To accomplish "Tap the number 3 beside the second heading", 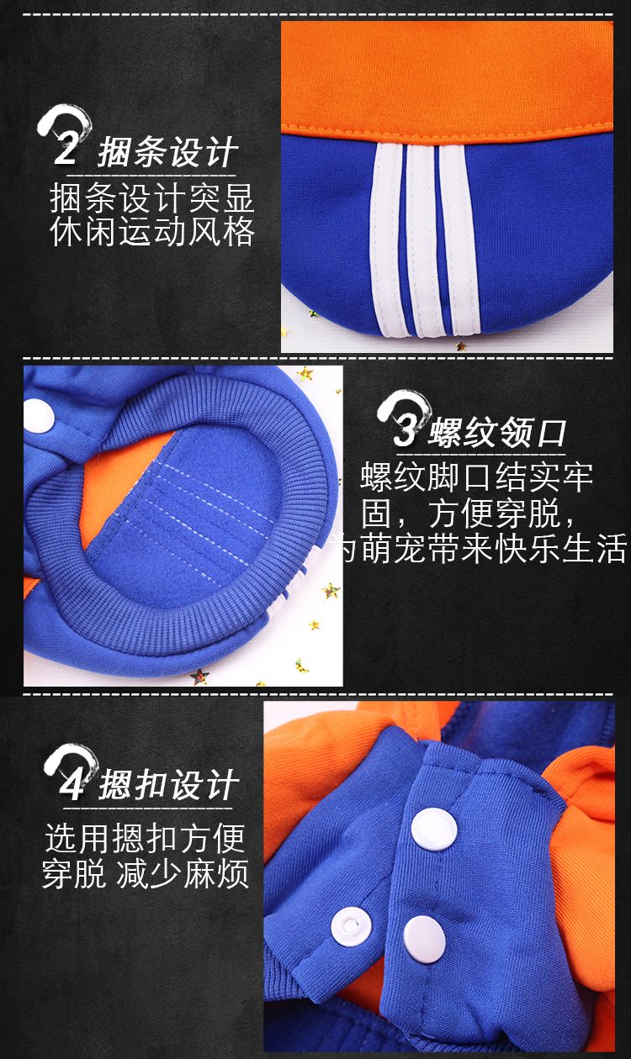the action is point(406,429).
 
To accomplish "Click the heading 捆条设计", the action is point(167,152).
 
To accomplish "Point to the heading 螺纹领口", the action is point(497,433).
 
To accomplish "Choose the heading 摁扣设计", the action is point(168,785).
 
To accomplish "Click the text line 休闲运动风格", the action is point(152,232).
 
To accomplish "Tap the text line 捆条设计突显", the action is point(152,198).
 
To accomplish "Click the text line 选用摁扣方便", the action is point(146,838).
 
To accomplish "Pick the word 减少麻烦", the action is point(183,874).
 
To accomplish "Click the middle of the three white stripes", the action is point(420,240).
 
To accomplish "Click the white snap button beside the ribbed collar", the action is point(39,416).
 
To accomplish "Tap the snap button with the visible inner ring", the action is point(351,926).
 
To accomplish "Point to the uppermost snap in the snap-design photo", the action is point(434,829).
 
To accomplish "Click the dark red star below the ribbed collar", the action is point(199,676).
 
